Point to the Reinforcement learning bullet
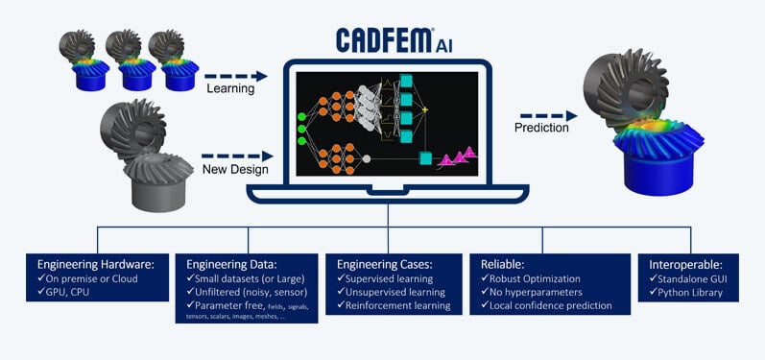coord(394,305)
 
